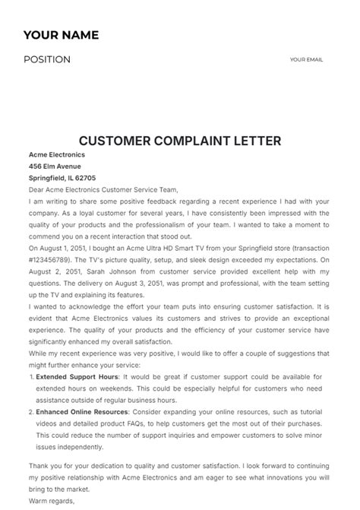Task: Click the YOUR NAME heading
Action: click(x=61, y=35)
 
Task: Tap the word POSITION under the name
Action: click(x=47, y=60)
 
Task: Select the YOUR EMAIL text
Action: click(x=306, y=59)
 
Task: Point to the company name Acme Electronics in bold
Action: click(x=57, y=155)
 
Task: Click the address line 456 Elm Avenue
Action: click(x=55, y=166)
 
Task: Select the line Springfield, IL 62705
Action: click(x=62, y=178)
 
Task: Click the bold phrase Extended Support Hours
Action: click(x=77, y=377)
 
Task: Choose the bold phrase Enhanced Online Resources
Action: click(x=81, y=412)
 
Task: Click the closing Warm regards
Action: click(x=52, y=502)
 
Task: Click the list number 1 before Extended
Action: click(x=30, y=377)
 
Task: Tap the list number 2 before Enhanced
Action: click(x=30, y=412)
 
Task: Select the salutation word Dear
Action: click(x=36, y=189)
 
